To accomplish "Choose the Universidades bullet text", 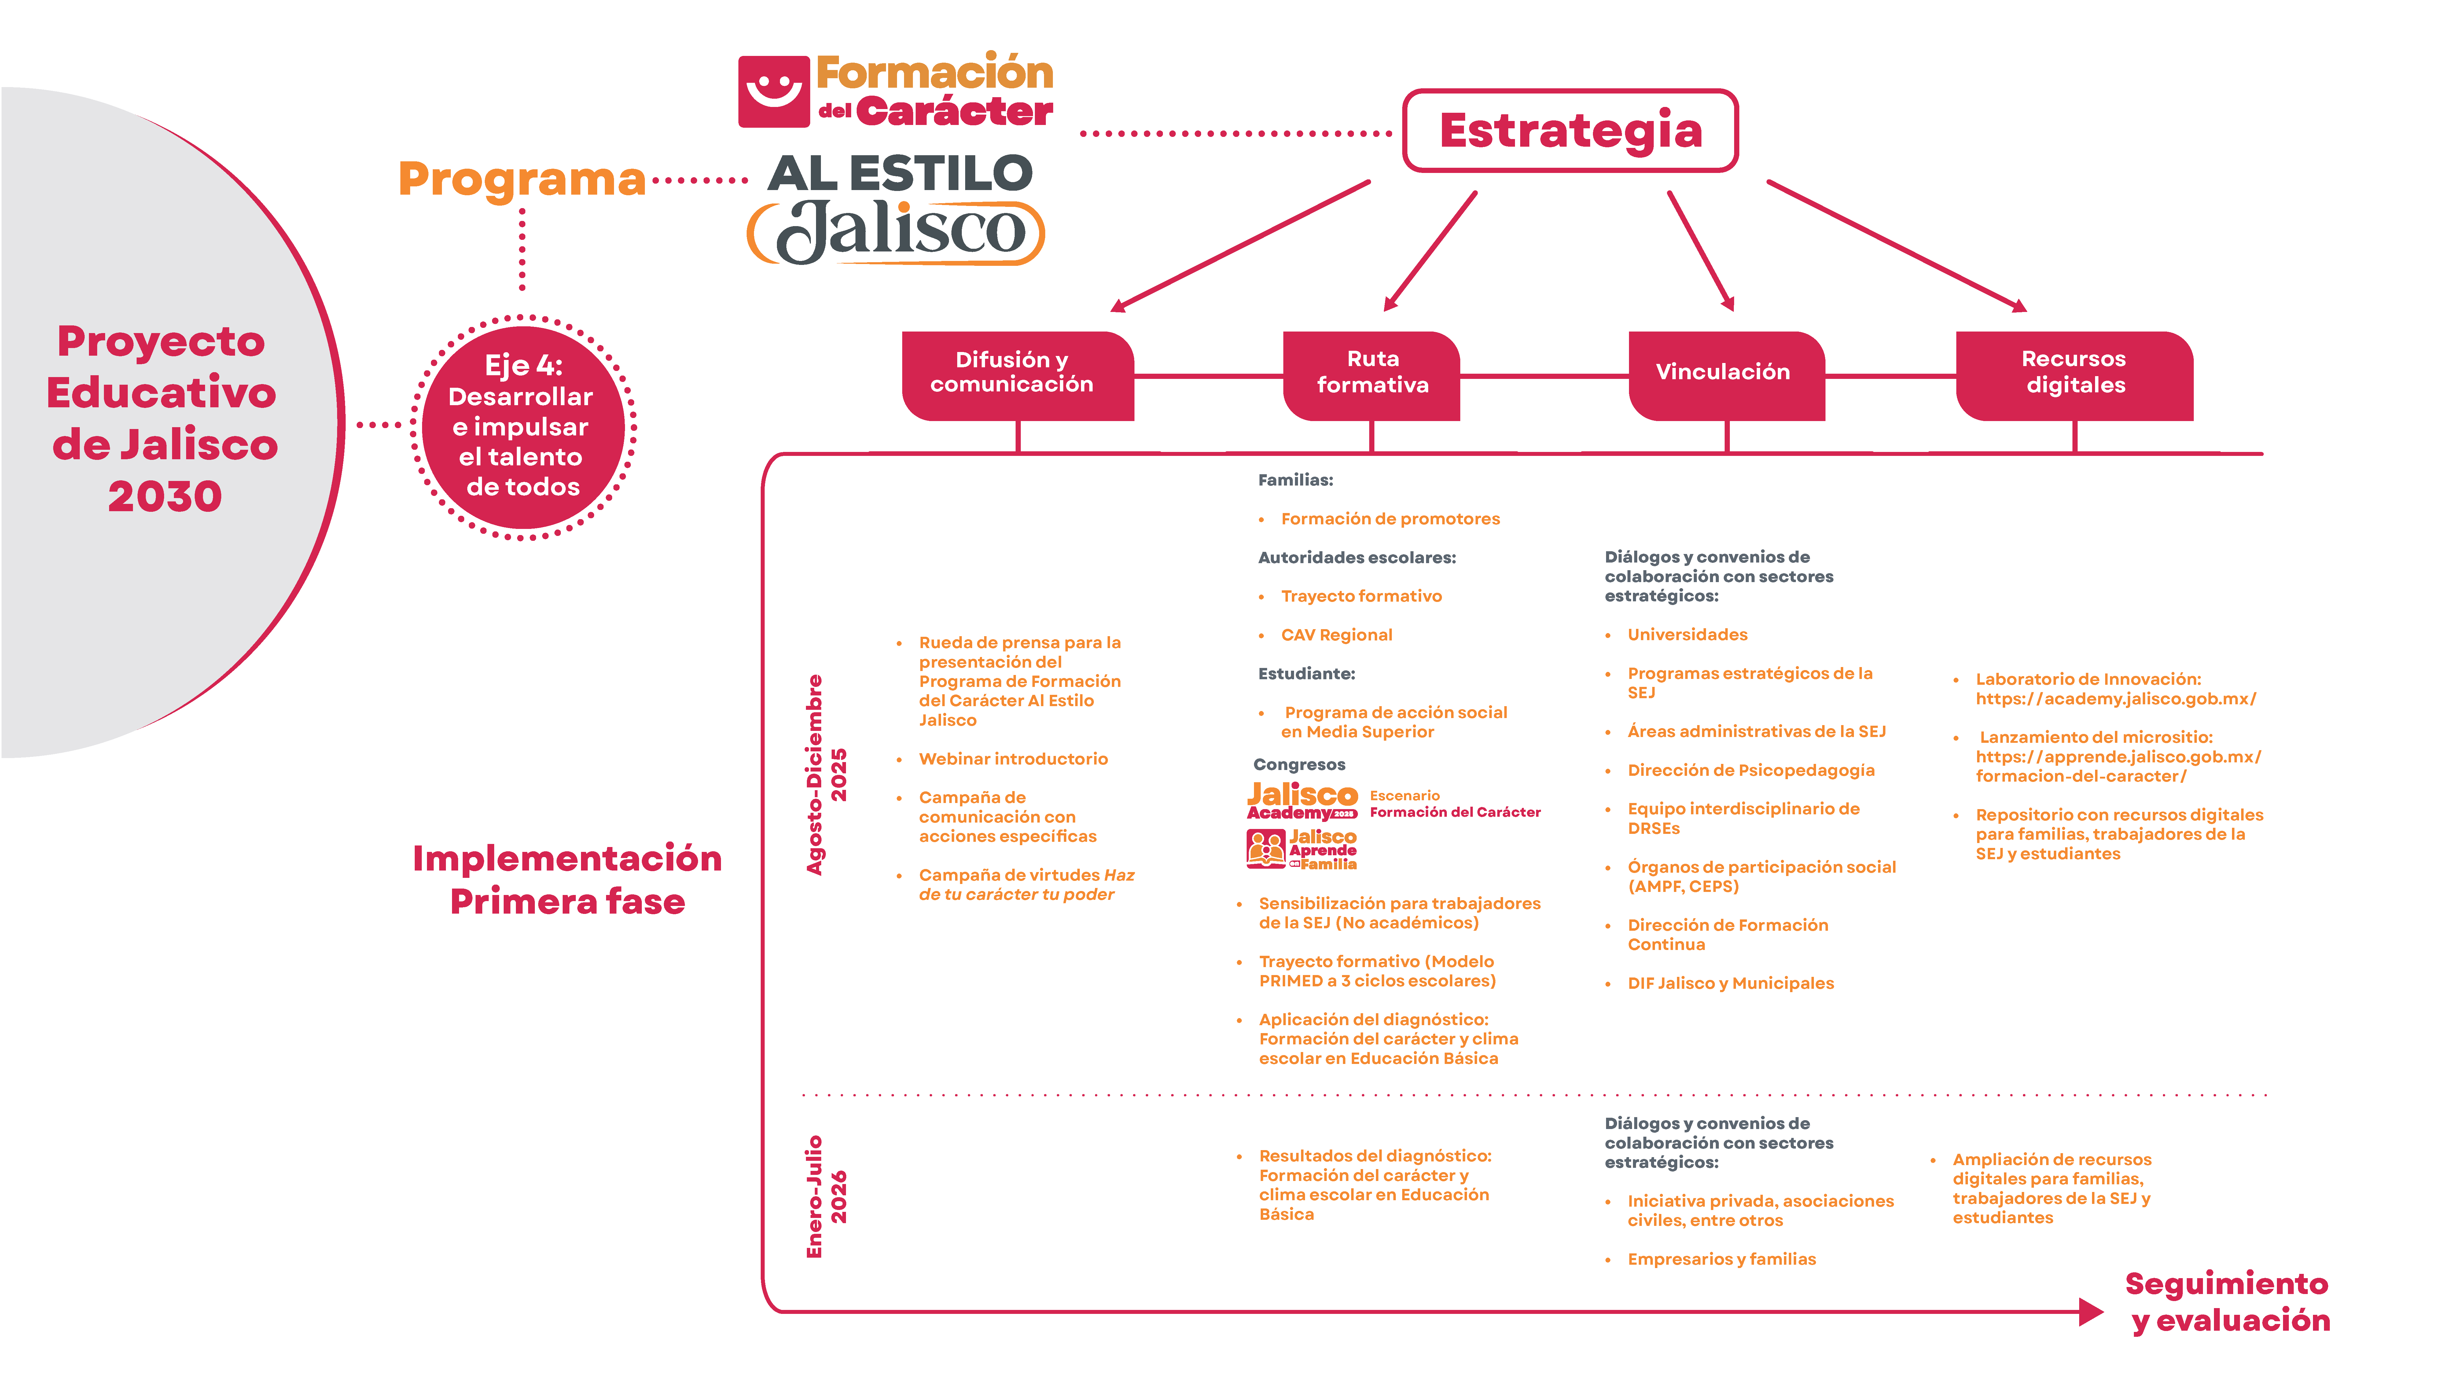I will pyautogui.click(x=1687, y=635).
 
